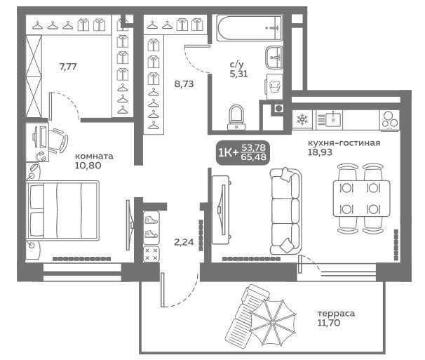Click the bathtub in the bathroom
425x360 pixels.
click(x=250, y=27)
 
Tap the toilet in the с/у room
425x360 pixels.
click(x=236, y=117)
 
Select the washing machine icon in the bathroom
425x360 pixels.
click(x=274, y=87)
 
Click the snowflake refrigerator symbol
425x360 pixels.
click(x=302, y=119)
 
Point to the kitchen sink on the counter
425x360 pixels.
click(x=333, y=119)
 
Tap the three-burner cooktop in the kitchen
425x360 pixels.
click(x=390, y=120)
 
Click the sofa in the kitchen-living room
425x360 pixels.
click(x=285, y=211)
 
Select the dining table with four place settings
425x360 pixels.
click(x=362, y=199)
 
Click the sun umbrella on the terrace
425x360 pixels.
click(x=273, y=322)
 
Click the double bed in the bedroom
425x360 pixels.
click(x=62, y=211)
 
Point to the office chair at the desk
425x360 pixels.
click(x=58, y=140)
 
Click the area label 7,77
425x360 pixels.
click(x=68, y=66)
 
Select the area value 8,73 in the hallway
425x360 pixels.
click(x=184, y=84)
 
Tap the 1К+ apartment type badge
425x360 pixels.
click(x=243, y=153)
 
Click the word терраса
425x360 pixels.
click(x=336, y=314)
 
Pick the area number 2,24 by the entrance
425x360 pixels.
click(x=184, y=242)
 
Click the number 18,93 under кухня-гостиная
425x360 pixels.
click(x=320, y=152)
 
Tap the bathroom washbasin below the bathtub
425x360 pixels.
click(x=274, y=57)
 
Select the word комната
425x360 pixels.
click(x=94, y=156)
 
